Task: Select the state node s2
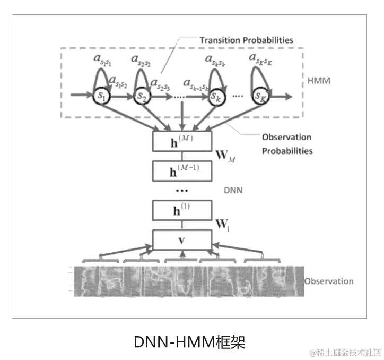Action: click(x=141, y=97)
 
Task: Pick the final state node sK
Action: click(x=260, y=97)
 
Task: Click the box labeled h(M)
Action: click(x=181, y=141)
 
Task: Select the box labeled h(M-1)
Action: click(x=181, y=170)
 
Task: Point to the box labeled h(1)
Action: click(x=181, y=210)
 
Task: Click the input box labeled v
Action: click(x=181, y=240)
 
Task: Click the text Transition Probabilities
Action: click(x=246, y=40)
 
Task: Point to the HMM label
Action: click(x=319, y=82)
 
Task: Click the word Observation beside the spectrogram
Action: click(x=329, y=281)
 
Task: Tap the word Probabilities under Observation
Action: click(x=287, y=151)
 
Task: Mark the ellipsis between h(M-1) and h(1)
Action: click(x=181, y=190)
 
